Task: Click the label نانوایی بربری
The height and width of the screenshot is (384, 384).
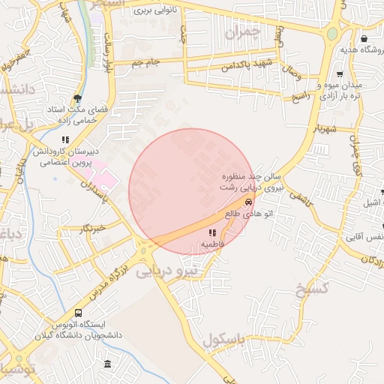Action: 154,11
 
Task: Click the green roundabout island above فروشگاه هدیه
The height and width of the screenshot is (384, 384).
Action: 331,33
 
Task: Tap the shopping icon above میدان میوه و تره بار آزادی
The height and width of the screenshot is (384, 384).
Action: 340,74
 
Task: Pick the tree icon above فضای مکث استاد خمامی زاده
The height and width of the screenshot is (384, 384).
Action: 77,98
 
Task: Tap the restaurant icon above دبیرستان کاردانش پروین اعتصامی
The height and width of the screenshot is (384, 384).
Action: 65,139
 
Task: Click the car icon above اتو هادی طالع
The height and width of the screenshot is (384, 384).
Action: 248,202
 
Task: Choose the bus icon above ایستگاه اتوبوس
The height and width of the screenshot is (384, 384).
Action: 79,313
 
